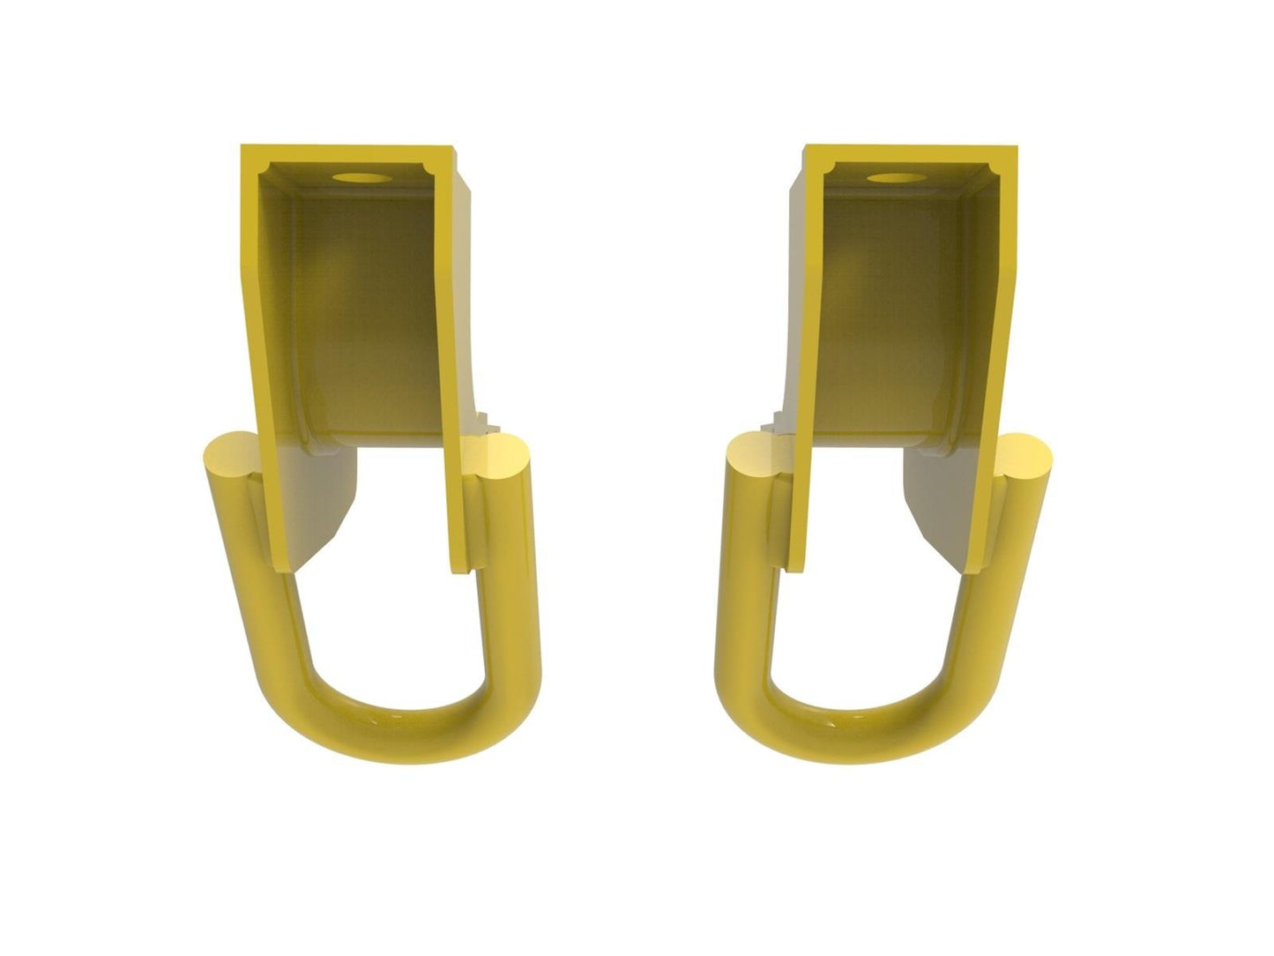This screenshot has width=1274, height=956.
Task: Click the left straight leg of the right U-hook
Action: click(745, 582)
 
